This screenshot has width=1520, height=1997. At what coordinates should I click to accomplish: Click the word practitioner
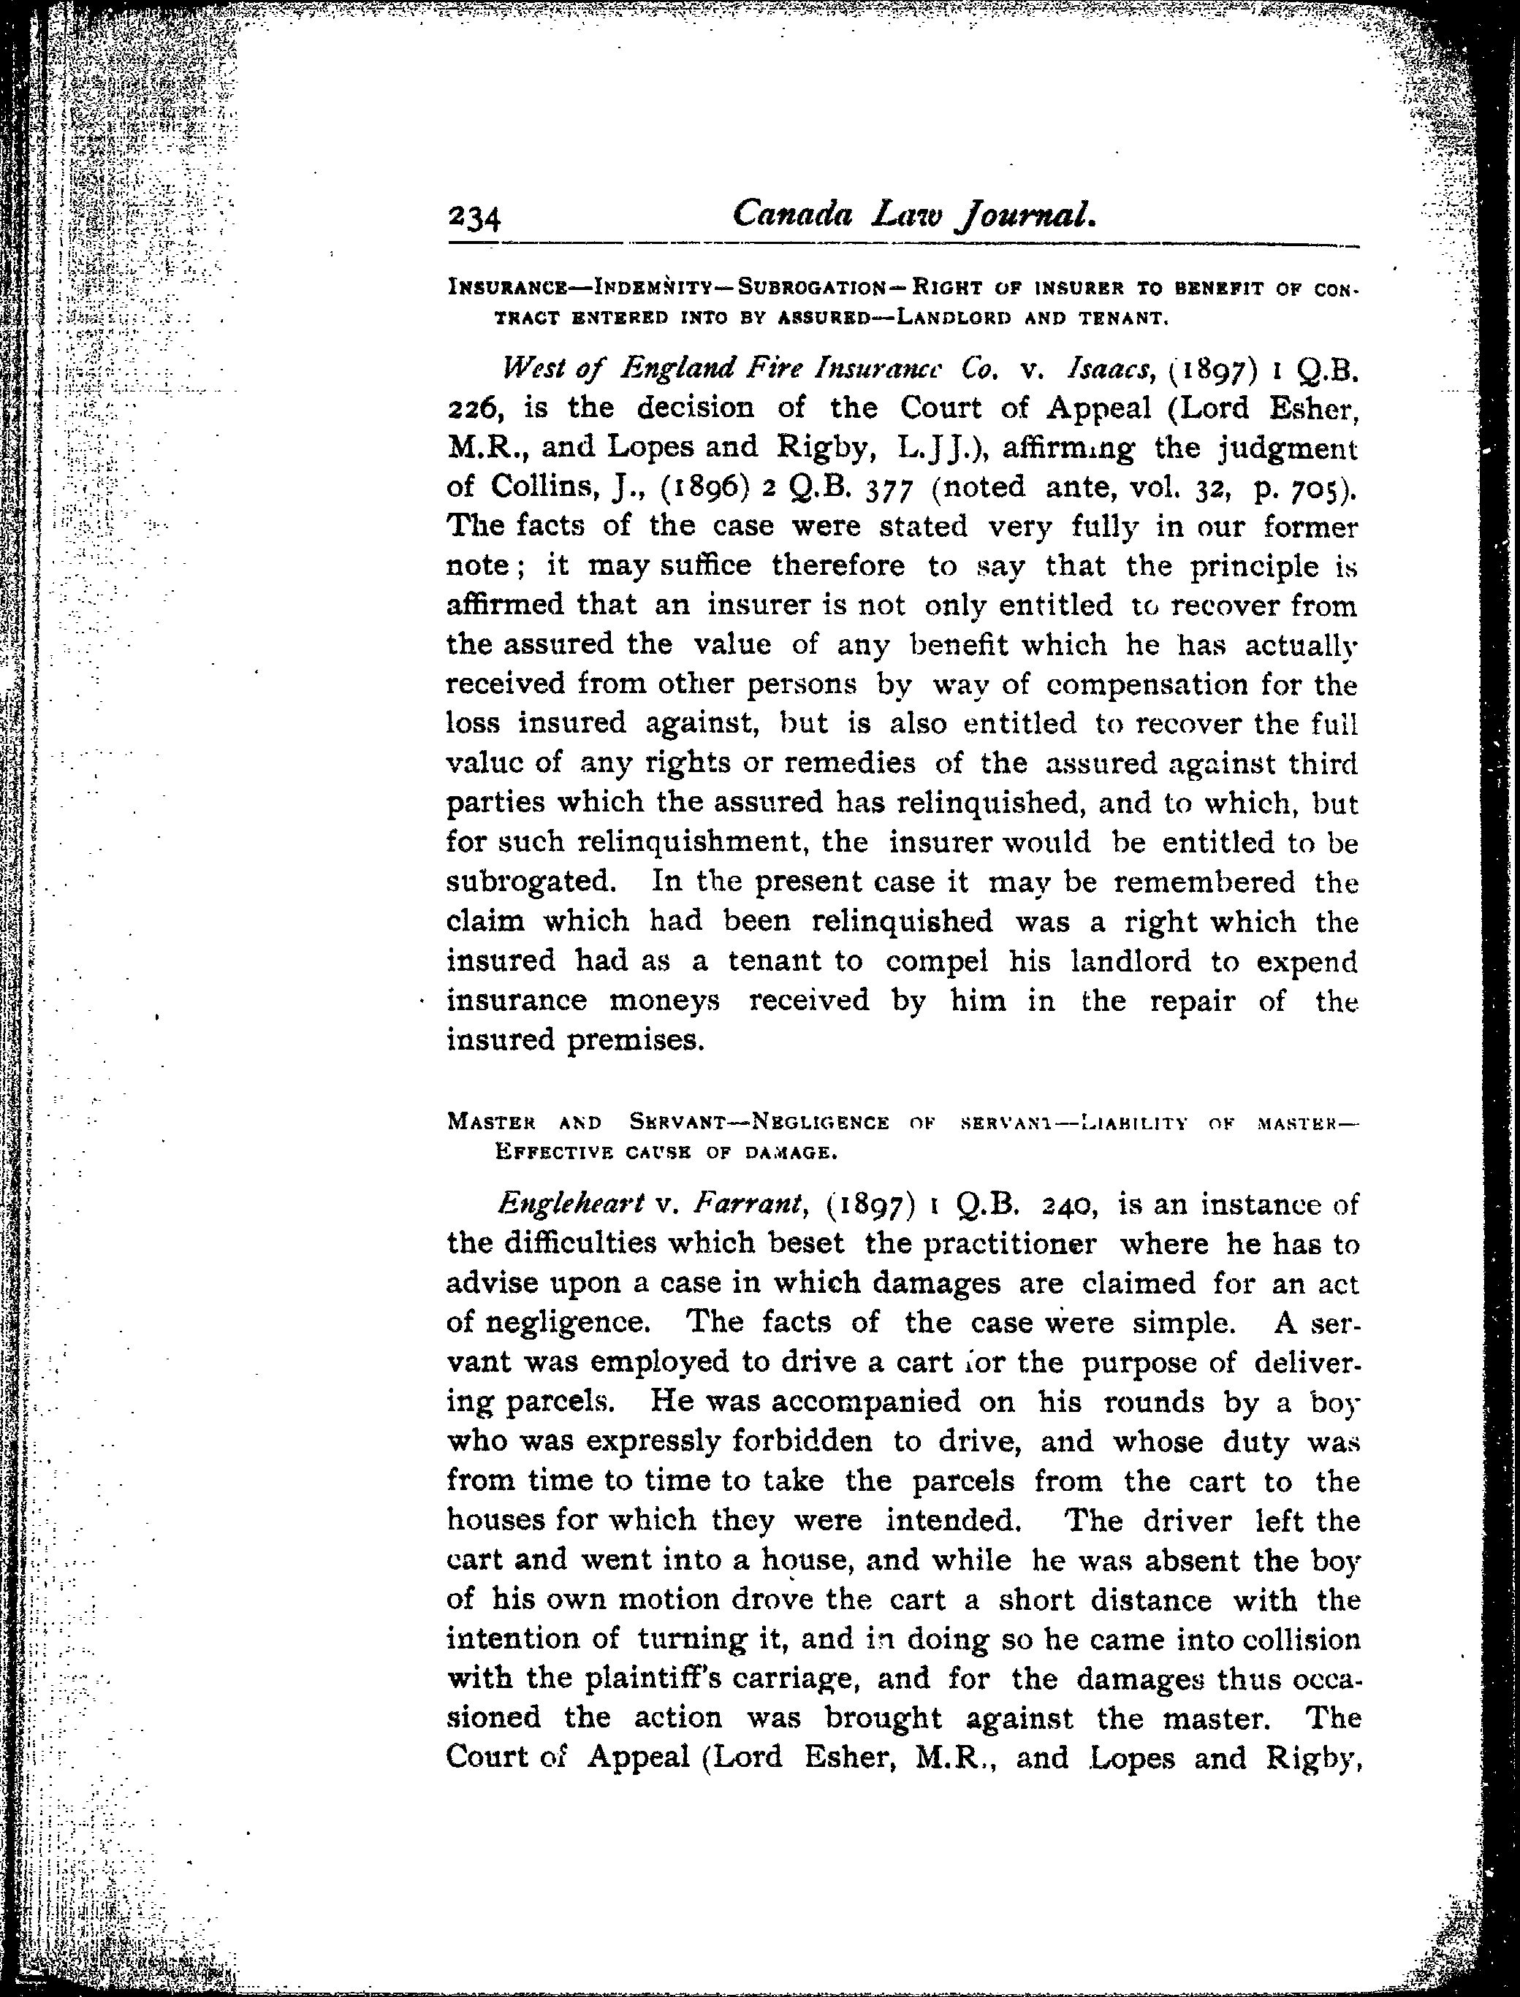pyautogui.click(x=1010, y=1245)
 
